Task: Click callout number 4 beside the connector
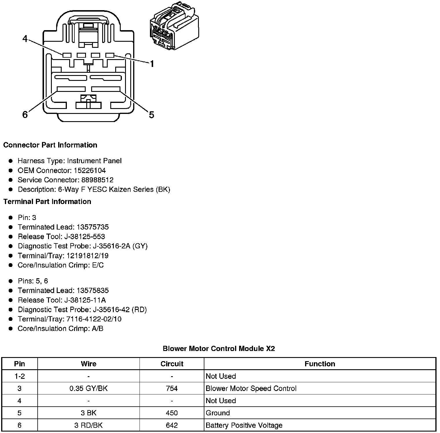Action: tap(25, 39)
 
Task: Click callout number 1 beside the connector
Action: tap(152, 63)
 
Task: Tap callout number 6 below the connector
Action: tap(25, 115)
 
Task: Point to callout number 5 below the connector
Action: tap(151, 115)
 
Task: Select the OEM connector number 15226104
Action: tap(90, 170)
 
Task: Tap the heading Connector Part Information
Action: tap(50, 145)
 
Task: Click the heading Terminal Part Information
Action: tap(47, 201)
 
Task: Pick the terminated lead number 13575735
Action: tap(93, 227)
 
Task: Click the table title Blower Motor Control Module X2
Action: tap(219, 348)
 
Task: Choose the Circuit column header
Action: tap(172, 364)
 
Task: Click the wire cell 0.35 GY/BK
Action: tap(89, 388)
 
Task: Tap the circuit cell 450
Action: tap(172, 413)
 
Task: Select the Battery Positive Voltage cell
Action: tap(244, 425)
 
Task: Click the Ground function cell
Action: tap(218, 413)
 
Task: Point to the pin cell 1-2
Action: tap(20, 376)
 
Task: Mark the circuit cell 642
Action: tap(172, 425)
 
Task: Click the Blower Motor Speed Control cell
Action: tap(251, 388)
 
